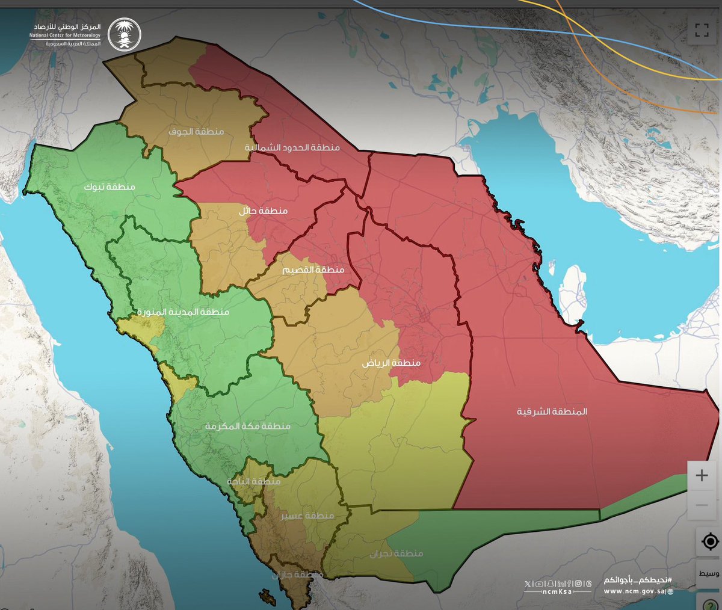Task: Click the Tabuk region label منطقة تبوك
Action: coord(109,187)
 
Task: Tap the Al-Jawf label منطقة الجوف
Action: coord(196,132)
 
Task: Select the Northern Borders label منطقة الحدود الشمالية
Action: coord(292,147)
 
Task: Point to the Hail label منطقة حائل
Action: coord(263,211)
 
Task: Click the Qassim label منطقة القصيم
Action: coord(313,270)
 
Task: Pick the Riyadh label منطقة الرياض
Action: coord(391,363)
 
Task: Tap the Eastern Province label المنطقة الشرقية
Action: coord(552,411)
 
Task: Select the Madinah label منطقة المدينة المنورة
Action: coord(183,312)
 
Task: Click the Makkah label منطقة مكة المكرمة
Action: coord(247,426)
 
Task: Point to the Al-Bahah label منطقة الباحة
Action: coord(254,482)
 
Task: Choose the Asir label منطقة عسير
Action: coord(307,516)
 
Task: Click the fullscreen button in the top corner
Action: coord(702,30)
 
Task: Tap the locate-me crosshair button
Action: coord(710,541)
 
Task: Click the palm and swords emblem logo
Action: coord(124,34)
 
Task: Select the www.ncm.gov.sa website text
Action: coord(638,591)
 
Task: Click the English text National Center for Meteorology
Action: coord(65,35)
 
